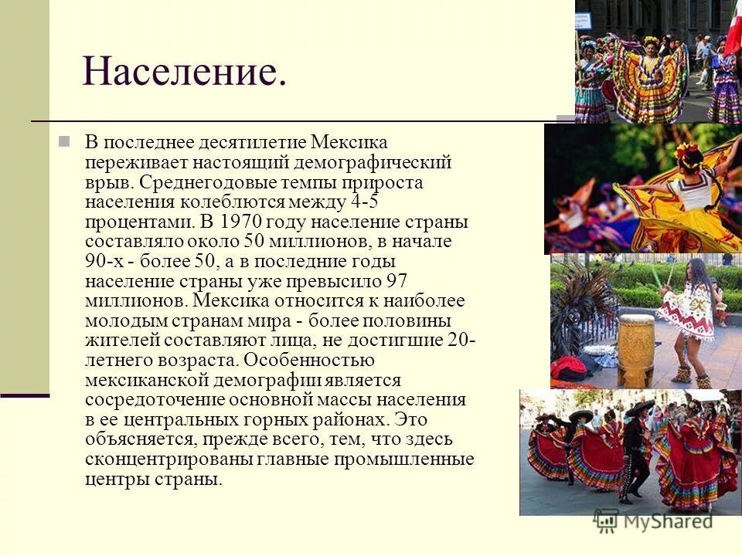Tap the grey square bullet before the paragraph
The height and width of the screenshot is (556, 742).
coord(65,142)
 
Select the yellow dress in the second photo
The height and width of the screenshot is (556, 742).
coord(665,208)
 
